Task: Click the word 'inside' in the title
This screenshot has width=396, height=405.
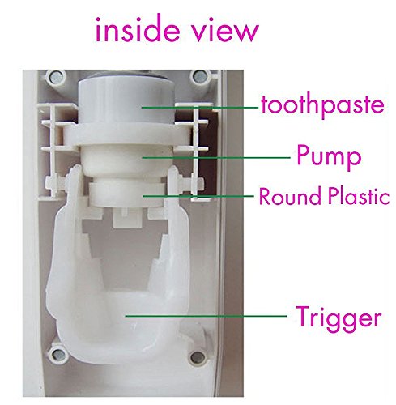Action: [138, 29]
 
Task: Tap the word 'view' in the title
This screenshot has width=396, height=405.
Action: [226, 30]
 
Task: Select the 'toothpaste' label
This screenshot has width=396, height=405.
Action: [322, 105]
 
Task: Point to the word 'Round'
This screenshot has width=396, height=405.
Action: [290, 196]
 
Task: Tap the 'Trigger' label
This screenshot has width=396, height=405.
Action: [339, 318]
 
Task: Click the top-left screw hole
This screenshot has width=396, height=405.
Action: [56, 77]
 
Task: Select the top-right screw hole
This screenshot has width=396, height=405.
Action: [199, 77]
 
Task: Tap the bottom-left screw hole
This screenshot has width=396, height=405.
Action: [57, 353]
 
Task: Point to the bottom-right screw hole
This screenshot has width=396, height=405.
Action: [198, 357]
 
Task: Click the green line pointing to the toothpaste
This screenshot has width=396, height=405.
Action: [200, 108]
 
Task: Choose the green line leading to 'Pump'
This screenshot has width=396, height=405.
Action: [216, 157]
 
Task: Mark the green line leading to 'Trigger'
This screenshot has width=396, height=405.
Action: [206, 316]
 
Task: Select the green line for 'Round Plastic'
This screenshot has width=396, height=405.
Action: [198, 196]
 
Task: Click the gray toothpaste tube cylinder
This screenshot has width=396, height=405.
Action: [126, 101]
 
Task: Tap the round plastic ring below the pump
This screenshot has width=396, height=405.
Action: [126, 194]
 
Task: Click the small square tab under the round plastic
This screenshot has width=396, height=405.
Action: [127, 218]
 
